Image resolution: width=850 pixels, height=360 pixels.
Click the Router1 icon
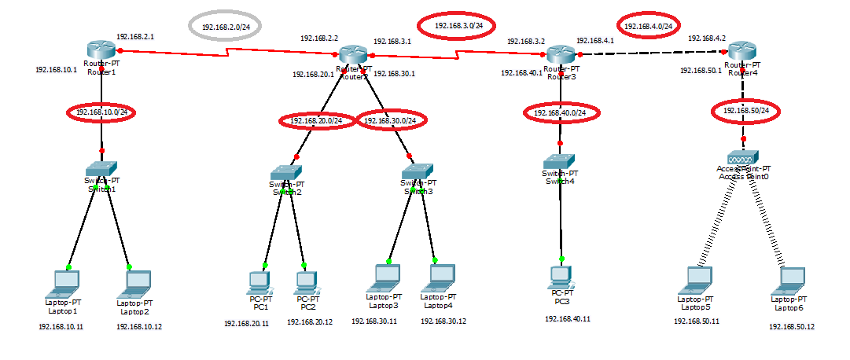tap(102, 52)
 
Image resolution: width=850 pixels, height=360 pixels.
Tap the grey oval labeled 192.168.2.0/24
tap(226, 27)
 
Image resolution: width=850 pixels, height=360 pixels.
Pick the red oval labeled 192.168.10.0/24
tap(101, 112)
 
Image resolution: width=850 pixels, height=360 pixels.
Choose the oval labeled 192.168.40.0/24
tap(561, 113)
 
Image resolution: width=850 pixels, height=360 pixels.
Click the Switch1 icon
tap(101, 169)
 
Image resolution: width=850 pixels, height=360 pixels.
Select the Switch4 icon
tap(560, 161)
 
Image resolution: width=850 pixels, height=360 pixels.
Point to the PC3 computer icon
tap(560, 276)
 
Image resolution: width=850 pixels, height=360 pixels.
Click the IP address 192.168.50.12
tap(793, 326)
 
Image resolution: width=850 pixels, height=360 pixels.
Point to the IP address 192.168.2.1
tap(135, 37)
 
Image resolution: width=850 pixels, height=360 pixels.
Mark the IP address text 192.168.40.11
tap(568, 319)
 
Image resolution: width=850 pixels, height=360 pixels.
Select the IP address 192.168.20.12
tap(310, 322)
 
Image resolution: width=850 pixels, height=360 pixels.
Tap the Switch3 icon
tap(417, 173)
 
